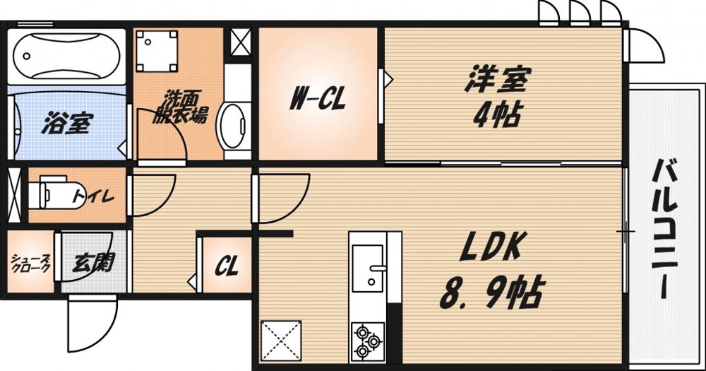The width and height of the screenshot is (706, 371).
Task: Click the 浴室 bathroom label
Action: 65,124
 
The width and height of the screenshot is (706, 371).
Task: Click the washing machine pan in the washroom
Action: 157,50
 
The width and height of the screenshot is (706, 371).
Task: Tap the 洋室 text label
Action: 497,80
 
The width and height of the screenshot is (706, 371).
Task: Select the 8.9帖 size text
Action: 493,290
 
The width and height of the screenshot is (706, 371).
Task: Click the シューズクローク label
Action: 30,264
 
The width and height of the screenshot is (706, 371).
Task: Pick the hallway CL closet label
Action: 227,267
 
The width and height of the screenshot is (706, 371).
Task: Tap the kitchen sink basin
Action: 368,267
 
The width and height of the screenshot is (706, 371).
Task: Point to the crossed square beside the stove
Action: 282,341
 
